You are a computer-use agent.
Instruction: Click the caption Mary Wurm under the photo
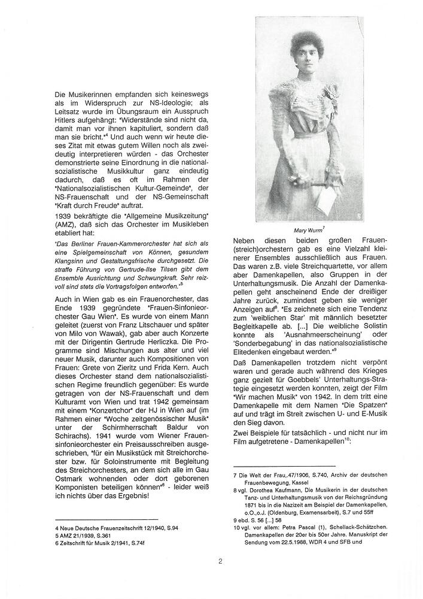coord(308,229)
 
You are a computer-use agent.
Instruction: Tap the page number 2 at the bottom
coord(220,561)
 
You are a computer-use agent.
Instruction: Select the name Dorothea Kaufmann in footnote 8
coord(270,489)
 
